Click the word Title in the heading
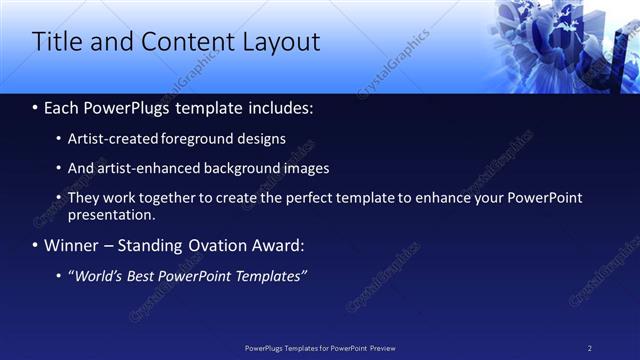click(x=57, y=42)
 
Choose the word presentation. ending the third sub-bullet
click(x=111, y=214)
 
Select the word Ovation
click(x=205, y=245)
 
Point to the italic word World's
click(x=98, y=276)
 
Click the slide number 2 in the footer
click(x=589, y=348)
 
